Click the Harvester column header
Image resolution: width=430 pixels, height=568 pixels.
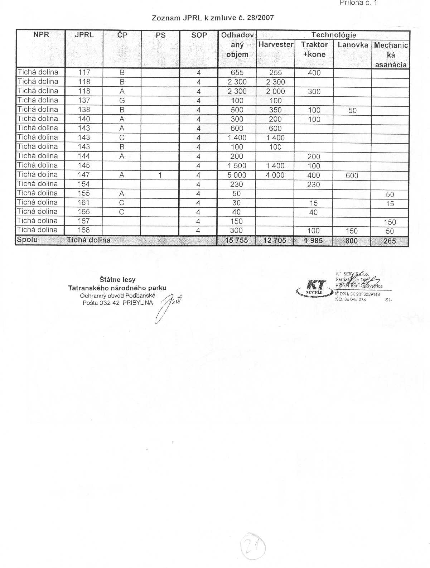click(276, 45)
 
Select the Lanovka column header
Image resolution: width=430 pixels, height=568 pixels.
click(353, 45)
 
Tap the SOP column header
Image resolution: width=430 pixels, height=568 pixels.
click(199, 35)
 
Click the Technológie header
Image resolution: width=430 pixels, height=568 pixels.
click(333, 35)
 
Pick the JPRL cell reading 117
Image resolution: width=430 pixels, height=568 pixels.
click(84, 72)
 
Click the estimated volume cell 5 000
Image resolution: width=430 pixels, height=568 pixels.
click(237, 175)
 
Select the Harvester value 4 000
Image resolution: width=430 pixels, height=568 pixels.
click(275, 175)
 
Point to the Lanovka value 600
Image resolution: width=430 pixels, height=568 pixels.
click(352, 175)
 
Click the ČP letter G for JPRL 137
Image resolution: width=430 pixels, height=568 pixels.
click(122, 101)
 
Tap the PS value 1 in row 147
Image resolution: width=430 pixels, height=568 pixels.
click(160, 175)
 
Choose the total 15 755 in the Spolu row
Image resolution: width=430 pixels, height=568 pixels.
click(236, 240)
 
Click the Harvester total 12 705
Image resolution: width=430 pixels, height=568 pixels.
click(275, 241)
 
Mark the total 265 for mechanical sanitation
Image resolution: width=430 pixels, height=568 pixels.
click(390, 241)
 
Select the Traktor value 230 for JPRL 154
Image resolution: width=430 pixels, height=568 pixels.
click(313, 185)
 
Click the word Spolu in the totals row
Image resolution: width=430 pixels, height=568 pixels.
click(27, 240)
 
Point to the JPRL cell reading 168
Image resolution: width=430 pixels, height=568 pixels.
click(84, 230)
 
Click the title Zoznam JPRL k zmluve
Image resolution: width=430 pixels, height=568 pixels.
click(213, 18)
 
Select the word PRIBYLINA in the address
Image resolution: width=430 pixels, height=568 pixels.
click(138, 303)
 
